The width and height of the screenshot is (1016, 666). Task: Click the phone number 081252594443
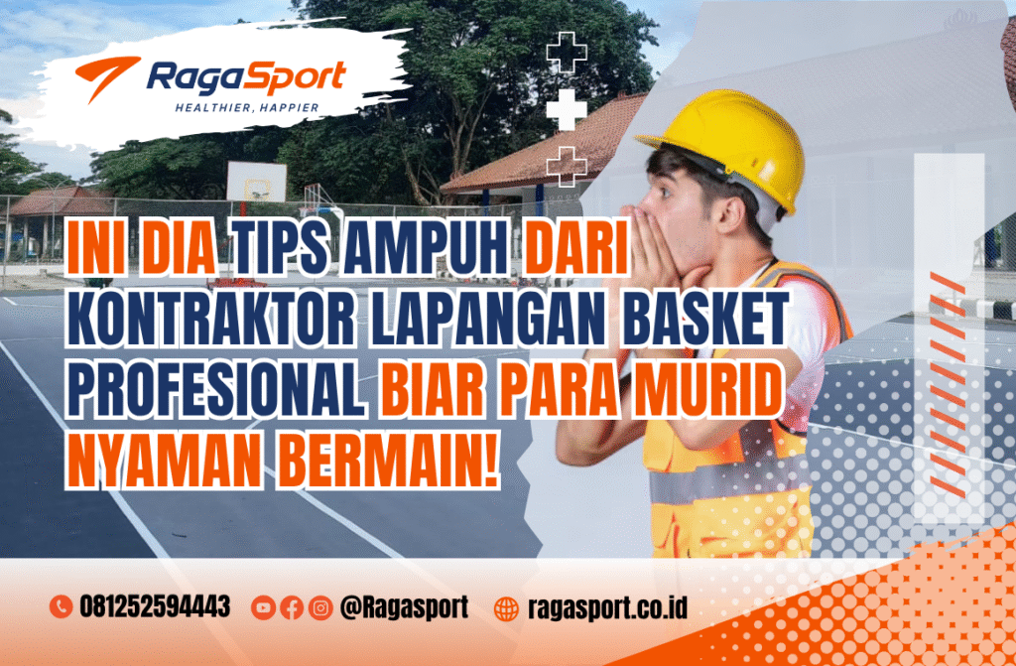(155, 607)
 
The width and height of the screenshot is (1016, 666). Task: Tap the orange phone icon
(61, 607)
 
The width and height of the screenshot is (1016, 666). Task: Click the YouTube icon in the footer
(263, 607)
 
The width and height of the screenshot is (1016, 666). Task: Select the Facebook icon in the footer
(291, 607)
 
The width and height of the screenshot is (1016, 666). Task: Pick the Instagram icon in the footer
(318, 607)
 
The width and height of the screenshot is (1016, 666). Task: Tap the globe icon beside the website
(506, 607)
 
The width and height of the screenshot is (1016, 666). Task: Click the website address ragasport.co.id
(607, 607)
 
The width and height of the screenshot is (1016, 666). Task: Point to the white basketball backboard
(256, 182)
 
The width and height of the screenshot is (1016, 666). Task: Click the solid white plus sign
(567, 108)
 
